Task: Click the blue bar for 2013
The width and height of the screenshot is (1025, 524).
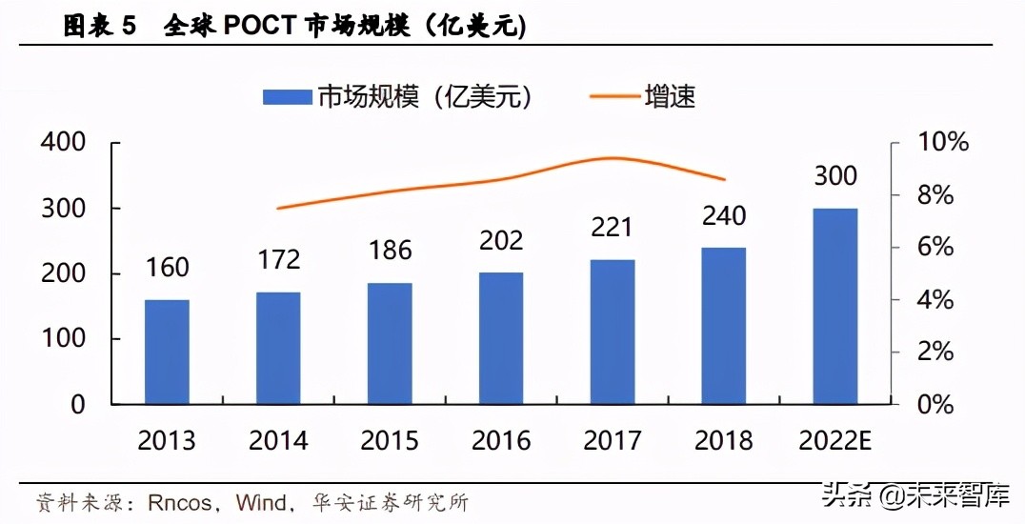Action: coord(167,352)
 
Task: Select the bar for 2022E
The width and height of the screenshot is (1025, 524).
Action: coord(835,306)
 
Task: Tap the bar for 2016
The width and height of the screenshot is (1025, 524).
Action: coord(501,338)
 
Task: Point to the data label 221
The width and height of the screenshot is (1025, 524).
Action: coord(613,228)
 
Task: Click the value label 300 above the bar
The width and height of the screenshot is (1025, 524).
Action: coord(835,176)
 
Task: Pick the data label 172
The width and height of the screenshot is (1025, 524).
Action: coord(278,259)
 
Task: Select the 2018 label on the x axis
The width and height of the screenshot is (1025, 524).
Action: coord(724,440)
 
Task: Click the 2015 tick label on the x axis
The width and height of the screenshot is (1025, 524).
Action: coord(390,440)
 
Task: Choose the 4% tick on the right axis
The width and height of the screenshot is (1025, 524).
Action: coord(928,300)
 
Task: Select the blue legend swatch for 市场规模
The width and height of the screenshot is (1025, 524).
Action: coord(287,96)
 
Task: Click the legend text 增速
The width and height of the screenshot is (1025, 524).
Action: coord(670,96)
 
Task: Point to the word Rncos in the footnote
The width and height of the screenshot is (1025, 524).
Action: coord(180,501)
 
